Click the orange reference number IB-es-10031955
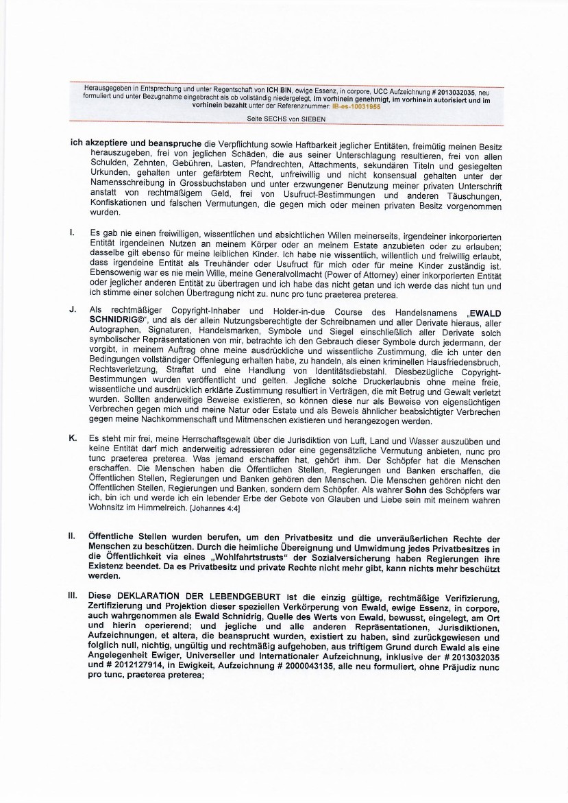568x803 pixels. (x=356, y=107)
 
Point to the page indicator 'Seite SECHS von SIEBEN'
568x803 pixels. (x=286, y=119)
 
